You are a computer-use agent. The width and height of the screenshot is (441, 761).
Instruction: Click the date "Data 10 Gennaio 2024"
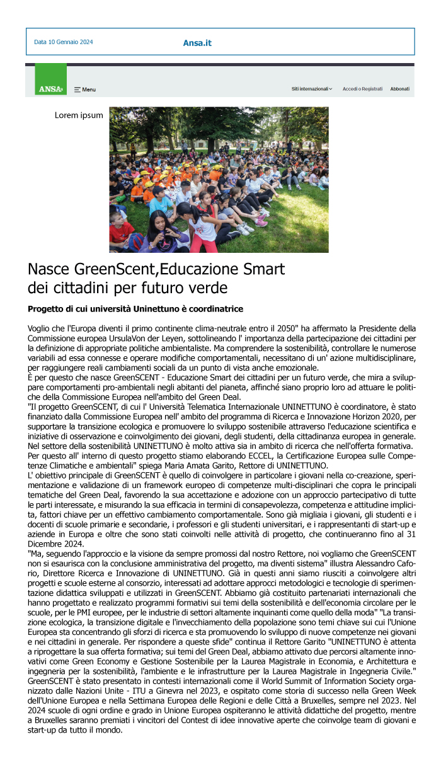click(64, 42)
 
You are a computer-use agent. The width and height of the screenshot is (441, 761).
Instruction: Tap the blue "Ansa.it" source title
click(197, 43)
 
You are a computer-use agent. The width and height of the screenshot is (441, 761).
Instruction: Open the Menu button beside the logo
click(85, 90)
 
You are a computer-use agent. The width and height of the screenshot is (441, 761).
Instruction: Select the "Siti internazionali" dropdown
click(312, 89)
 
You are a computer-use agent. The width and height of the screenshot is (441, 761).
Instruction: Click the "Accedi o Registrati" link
click(362, 89)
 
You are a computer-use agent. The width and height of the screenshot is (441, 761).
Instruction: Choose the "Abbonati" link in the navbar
click(399, 89)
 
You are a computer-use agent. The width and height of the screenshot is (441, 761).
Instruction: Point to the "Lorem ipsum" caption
click(79, 115)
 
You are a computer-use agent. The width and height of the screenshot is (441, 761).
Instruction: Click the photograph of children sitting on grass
click(219, 180)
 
